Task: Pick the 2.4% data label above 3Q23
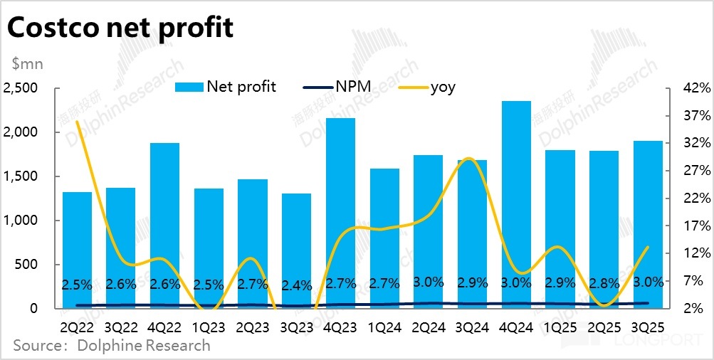296,286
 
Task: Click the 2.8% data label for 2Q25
604,282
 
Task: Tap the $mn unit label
28,64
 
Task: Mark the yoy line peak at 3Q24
467,159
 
